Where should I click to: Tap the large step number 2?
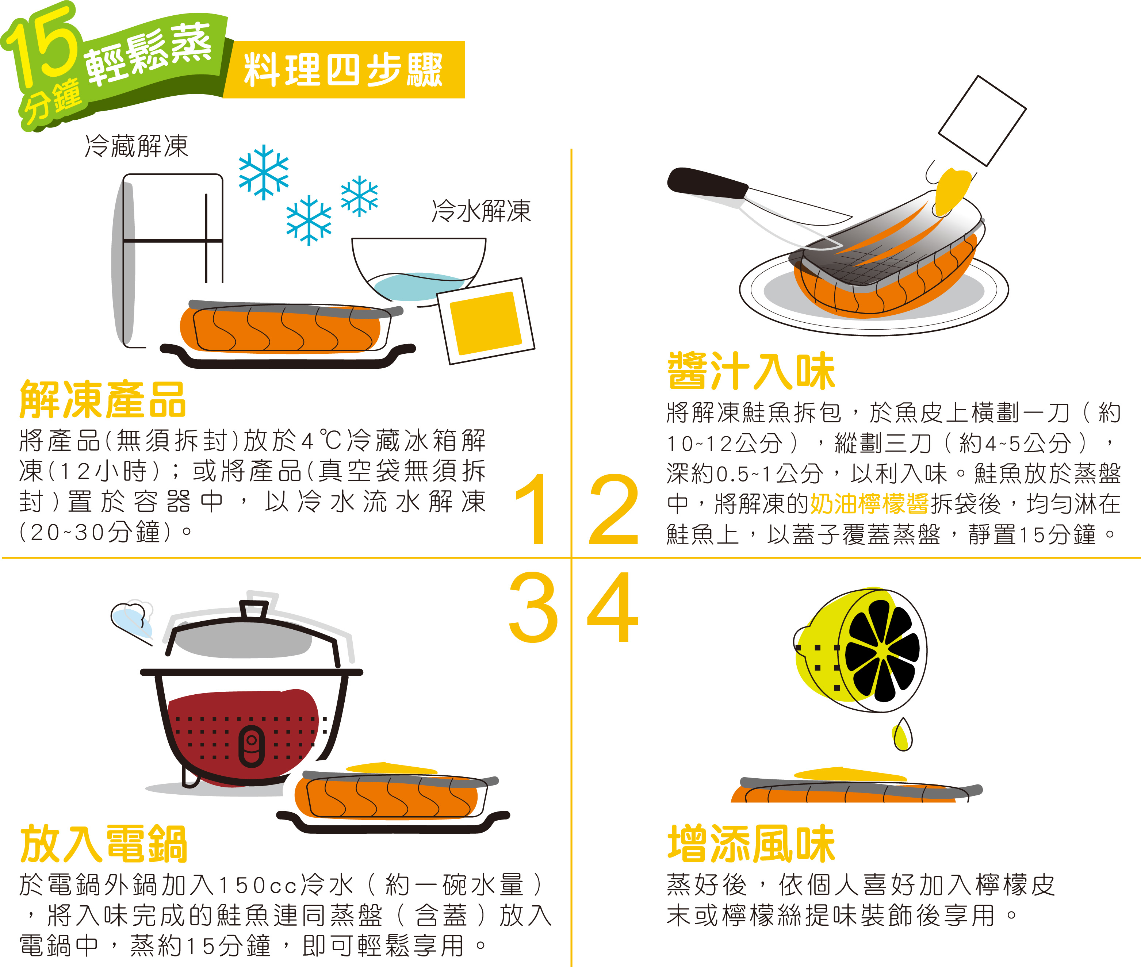tap(613, 509)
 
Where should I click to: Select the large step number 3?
tap(533, 606)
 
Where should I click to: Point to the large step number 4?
tap(613, 606)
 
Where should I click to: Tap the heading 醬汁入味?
tap(751, 371)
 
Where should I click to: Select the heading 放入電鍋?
tap(103, 844)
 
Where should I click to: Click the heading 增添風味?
tap(751, 844)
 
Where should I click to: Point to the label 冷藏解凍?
tap(137, 146)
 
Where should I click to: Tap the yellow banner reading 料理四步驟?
tap(344, 70)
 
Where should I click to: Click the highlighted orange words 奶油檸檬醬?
tap(869, 504)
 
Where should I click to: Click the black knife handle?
tap(707, 184)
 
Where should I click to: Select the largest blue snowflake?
tap(264, 172)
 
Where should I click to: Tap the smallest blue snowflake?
tap(359, 196)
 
